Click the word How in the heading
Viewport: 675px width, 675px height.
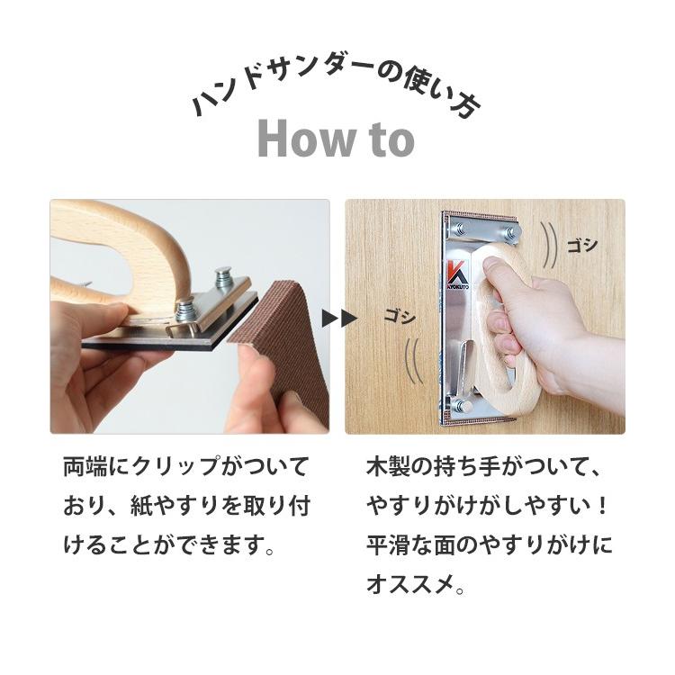[308, 139]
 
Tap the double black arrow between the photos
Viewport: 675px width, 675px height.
[339, 319]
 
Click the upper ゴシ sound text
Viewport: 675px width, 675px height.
[582, 246]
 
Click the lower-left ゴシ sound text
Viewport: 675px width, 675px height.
[400, 317]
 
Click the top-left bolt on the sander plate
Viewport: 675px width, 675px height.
[460, 229]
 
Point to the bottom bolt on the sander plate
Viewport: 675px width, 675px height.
[462, 405]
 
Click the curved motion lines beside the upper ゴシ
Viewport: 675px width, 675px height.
[549, 251]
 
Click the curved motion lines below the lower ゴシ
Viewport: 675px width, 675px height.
[412, 361]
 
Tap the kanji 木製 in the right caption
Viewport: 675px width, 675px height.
[388, 466]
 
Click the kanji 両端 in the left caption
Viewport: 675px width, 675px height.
[85, 466]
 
